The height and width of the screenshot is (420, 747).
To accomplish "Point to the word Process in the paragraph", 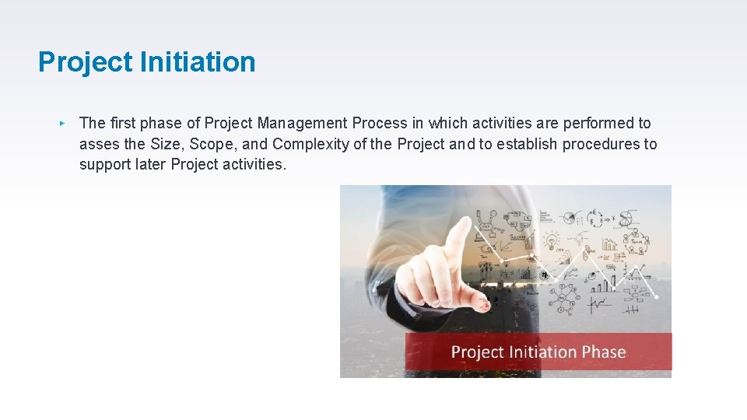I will tap(380, 123).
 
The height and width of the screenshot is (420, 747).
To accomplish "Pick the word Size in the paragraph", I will tap(163, 144).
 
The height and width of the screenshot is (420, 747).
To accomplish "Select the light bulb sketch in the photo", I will tap(552, 239).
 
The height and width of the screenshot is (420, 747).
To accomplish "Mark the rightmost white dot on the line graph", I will tap(656, 296).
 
